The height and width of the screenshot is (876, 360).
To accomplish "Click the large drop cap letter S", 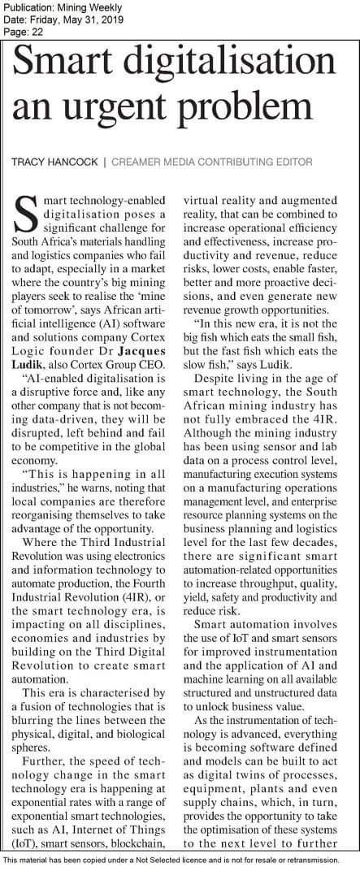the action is (24, 213).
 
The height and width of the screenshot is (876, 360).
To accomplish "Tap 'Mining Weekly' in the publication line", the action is (85, 7).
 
